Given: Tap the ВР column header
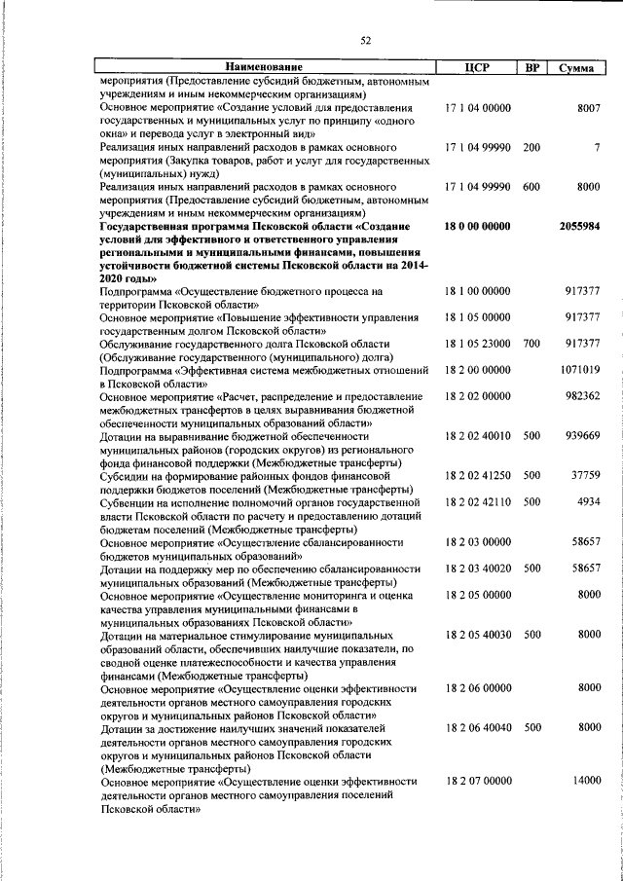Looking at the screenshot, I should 531,67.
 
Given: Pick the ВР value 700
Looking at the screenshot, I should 531,344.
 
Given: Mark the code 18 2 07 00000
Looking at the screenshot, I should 477,781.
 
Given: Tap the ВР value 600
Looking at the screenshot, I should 531,186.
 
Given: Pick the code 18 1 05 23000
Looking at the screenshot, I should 477,344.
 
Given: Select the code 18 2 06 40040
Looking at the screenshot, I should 477,727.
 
